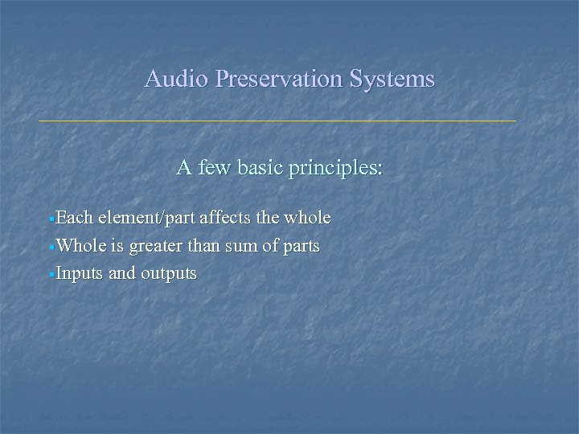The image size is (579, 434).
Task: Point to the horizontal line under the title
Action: point(277,121)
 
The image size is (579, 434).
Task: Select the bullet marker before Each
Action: point(51,219)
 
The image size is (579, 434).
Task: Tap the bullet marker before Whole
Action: point(51,247)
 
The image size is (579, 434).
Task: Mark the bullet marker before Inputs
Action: point(51,274)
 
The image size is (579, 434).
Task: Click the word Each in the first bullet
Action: point(73,218)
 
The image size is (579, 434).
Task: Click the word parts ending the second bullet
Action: point(302,247)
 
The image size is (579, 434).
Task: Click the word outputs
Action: point(168,274)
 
